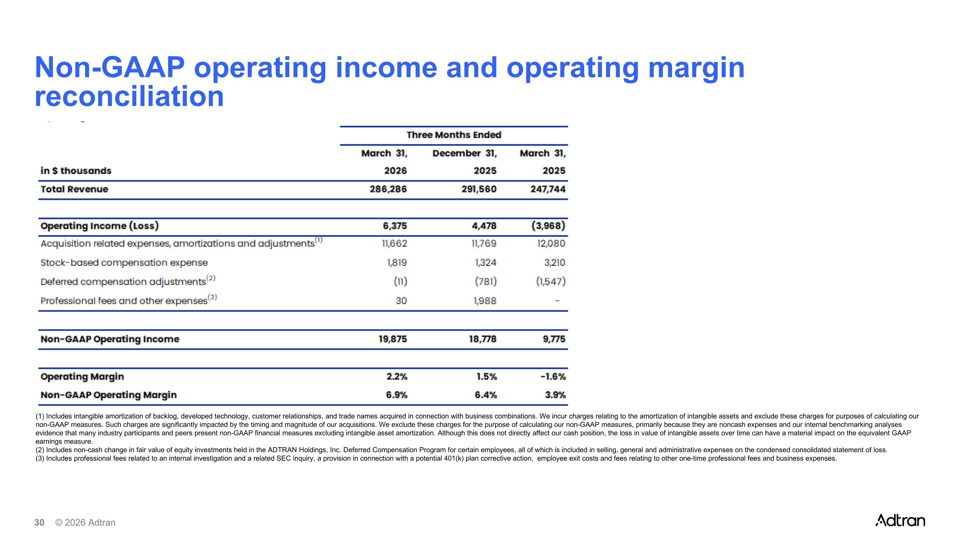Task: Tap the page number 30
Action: click(39, 523)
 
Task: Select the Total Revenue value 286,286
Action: click(388, 189)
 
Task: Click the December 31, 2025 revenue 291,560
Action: click(479, 189)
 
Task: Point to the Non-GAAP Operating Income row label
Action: click(110, 339)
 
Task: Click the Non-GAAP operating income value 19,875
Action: click(393, 339)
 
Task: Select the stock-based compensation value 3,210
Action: click(555, 263)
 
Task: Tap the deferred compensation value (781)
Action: click(486, 281)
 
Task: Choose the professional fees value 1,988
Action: click(485, 301)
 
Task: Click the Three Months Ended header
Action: click(454, 135)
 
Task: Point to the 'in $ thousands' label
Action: click(76, 171)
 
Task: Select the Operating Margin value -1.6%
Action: click(553, 377)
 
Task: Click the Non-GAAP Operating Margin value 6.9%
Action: click(397, 395)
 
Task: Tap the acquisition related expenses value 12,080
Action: click(551, 244)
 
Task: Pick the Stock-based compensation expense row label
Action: click(124, 263)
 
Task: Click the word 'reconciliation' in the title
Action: click(129, 96)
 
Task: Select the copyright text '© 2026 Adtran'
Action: click(85, 523)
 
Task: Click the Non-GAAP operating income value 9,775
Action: click(554, 339)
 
